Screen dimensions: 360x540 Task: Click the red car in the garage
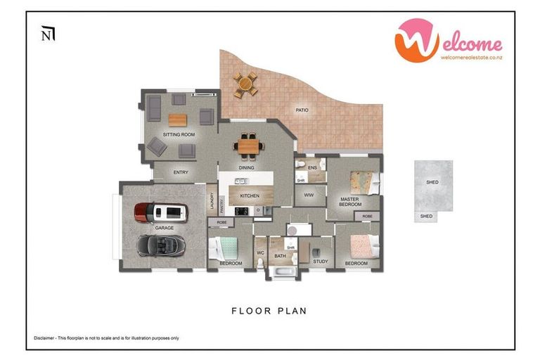pyautogui.click(x=161, y=211)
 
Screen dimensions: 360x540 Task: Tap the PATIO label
pyautogui.click(x=302, y=110)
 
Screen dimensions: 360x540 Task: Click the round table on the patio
pyautogui.click(x=245, y=85)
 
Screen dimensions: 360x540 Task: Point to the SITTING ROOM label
pyautogui.click(x=179, y=134)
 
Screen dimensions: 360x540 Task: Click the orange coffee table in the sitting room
pyautogui.click(x=178, y=120)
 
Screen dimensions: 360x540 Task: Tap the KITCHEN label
pyautogui.click(x=250, y=195)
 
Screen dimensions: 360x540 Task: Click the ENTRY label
pyautogui.click(x=181, y=172)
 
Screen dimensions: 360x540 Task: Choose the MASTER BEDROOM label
pyautogui.click(x=350, y=202)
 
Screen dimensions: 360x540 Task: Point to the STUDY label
pyautogui.click(x=321, y=262)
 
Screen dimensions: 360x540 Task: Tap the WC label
pyautogui.click(x=260, y=252)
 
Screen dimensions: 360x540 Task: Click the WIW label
pyautogui.click(x=308, y=195)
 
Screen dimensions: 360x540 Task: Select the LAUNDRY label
pyautogui.click(x=211, y=200)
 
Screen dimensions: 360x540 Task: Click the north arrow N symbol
pyautogui.click(x=48, y=34)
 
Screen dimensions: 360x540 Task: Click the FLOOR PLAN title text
pyautogui.click(x=269, y=310)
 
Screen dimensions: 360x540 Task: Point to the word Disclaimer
pyautogui.click(x=46, y=338)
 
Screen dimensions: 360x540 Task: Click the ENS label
pyautogui.click(x=313, y=167)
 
